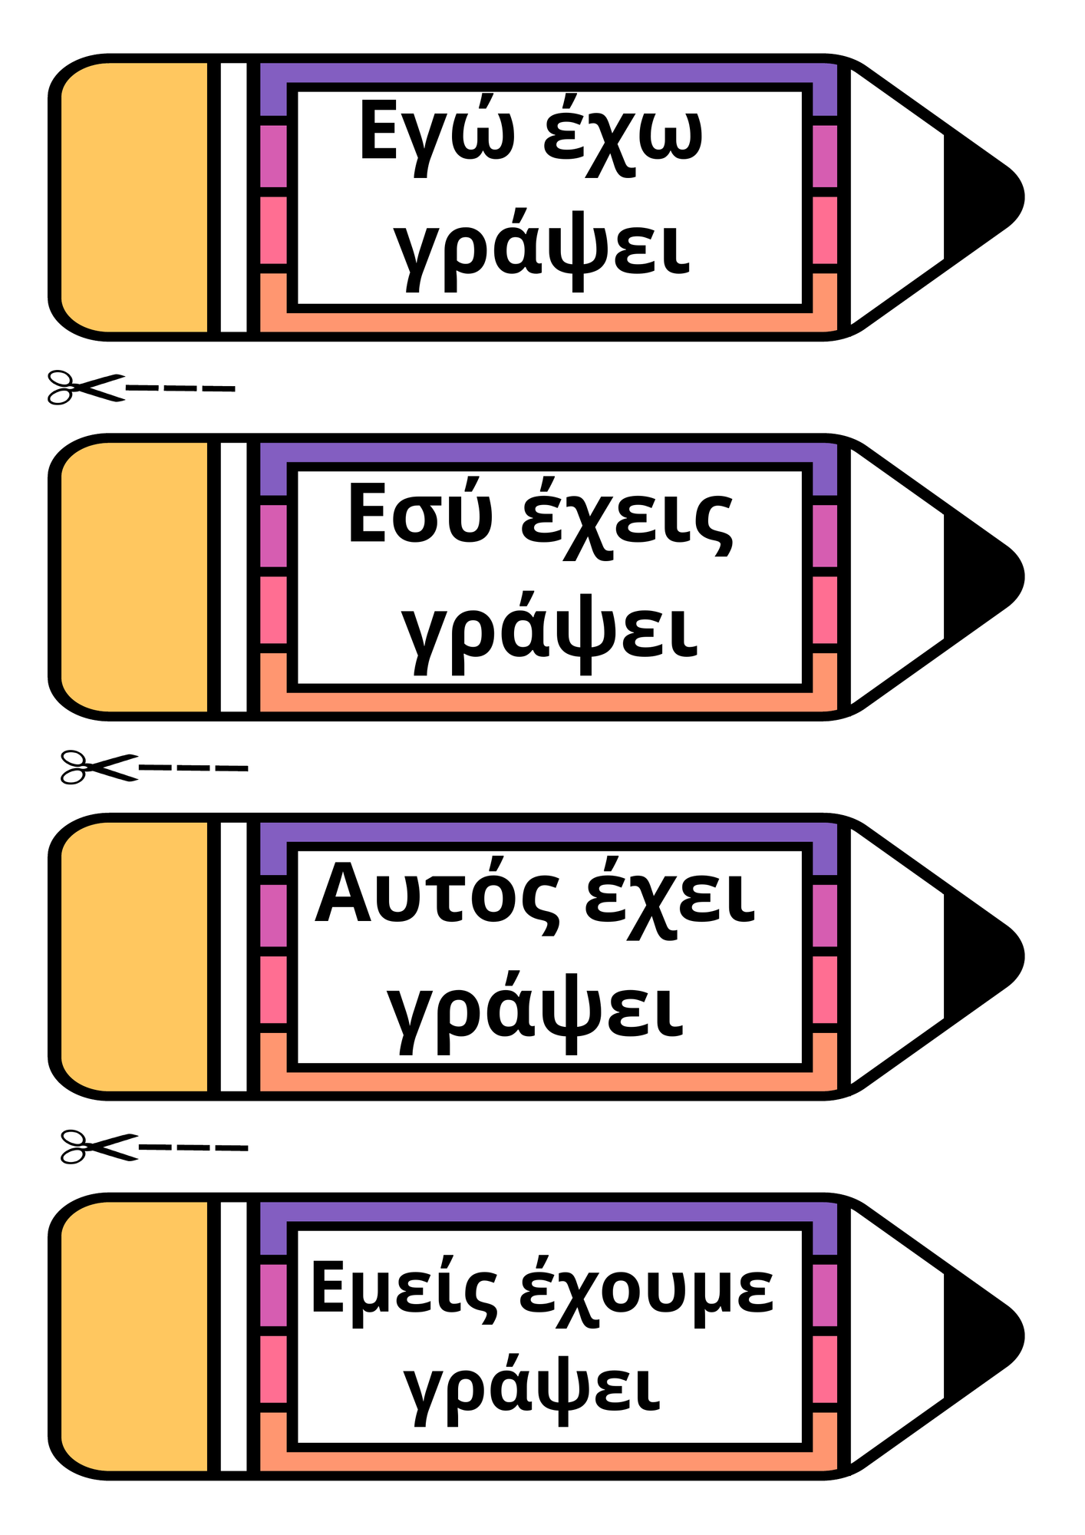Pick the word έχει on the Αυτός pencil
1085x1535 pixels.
(670, 898)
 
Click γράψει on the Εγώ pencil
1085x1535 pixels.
(542, 249)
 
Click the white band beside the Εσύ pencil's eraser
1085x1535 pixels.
(234, 577)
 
